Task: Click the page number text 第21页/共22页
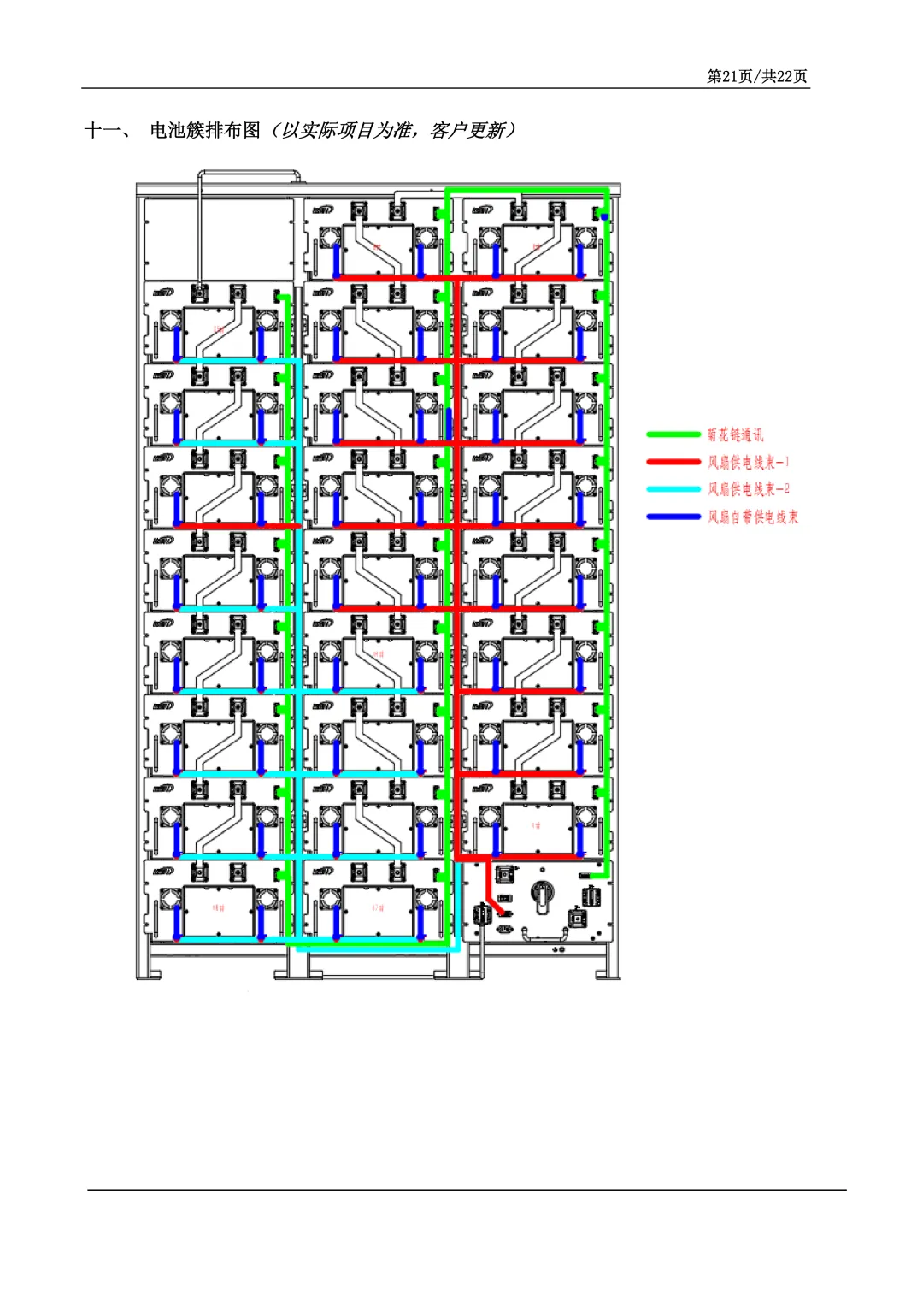(x=756, y=76)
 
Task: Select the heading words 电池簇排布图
(x=205, y=130)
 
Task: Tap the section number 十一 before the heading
(x=102, y=130)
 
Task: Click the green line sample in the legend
(x=673, y=435)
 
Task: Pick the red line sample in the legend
(x=673, y=463)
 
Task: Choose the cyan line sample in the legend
(x=673, y=489)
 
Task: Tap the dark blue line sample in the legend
(x=673, y=517)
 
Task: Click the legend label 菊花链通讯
(x=735, y=435)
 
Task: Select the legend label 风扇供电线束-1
(x=748, y=463)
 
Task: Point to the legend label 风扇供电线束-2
(x=748, y=489)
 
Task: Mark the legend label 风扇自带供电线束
(x=752, y=517)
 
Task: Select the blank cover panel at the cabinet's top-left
(x=219, y=238)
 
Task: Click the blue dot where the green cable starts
(x=604, y=216)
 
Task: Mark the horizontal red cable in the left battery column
(x=235, y=525)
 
